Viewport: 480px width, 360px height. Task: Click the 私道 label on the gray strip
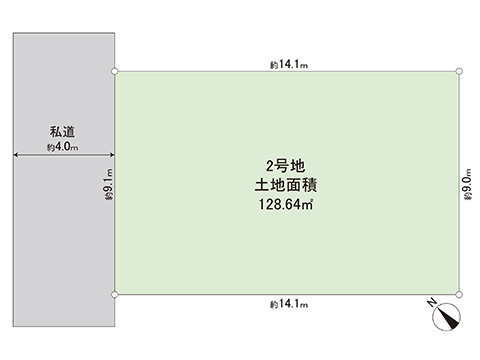pyautogui.click(x=63, y=131)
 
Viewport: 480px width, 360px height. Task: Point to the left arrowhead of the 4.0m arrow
pyautogui.click(x=16, y=155)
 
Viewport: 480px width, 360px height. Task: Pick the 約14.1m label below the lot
pyautogui.click(x=289, y=304)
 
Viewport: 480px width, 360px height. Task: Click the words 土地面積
pyautogui.click(x=286, y=186)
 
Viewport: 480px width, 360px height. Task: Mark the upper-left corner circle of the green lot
pyautogui.click(x=116, y=71)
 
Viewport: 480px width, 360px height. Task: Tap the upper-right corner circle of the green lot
pyautogui.click(x=459, y=71)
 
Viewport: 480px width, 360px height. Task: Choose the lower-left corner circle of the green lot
pyautogui.click(x=116, y=294)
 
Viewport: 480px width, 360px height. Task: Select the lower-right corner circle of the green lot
pyautogui.click(x=459, y=294)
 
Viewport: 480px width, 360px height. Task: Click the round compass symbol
pyautogui.click(x=444, y=319)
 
